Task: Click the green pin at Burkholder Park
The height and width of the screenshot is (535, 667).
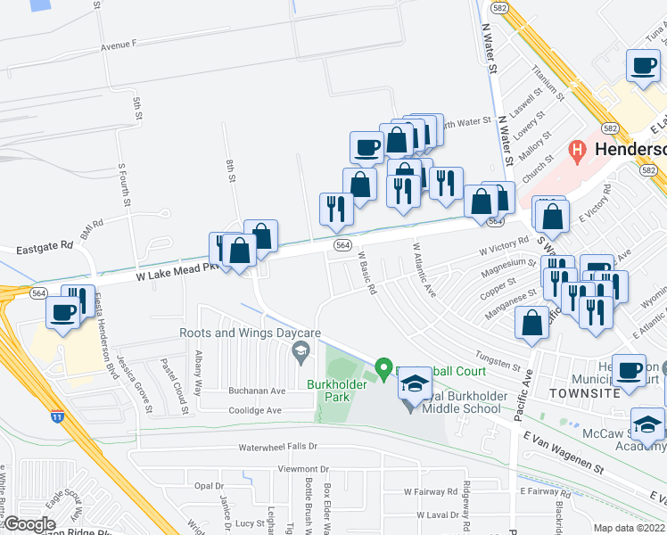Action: point(383,367)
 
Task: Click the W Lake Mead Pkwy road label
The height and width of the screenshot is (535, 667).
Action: point(169,273)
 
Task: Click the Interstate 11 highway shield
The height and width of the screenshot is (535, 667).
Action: point(58,416)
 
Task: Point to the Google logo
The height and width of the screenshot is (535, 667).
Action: point(29,524)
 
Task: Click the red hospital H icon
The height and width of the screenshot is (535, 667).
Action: point(577,150)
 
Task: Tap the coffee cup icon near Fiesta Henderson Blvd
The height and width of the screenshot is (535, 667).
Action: point(63,313)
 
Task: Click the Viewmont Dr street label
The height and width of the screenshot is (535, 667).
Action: point(303,468)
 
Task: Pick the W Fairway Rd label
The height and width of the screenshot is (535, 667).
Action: point(430,491)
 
